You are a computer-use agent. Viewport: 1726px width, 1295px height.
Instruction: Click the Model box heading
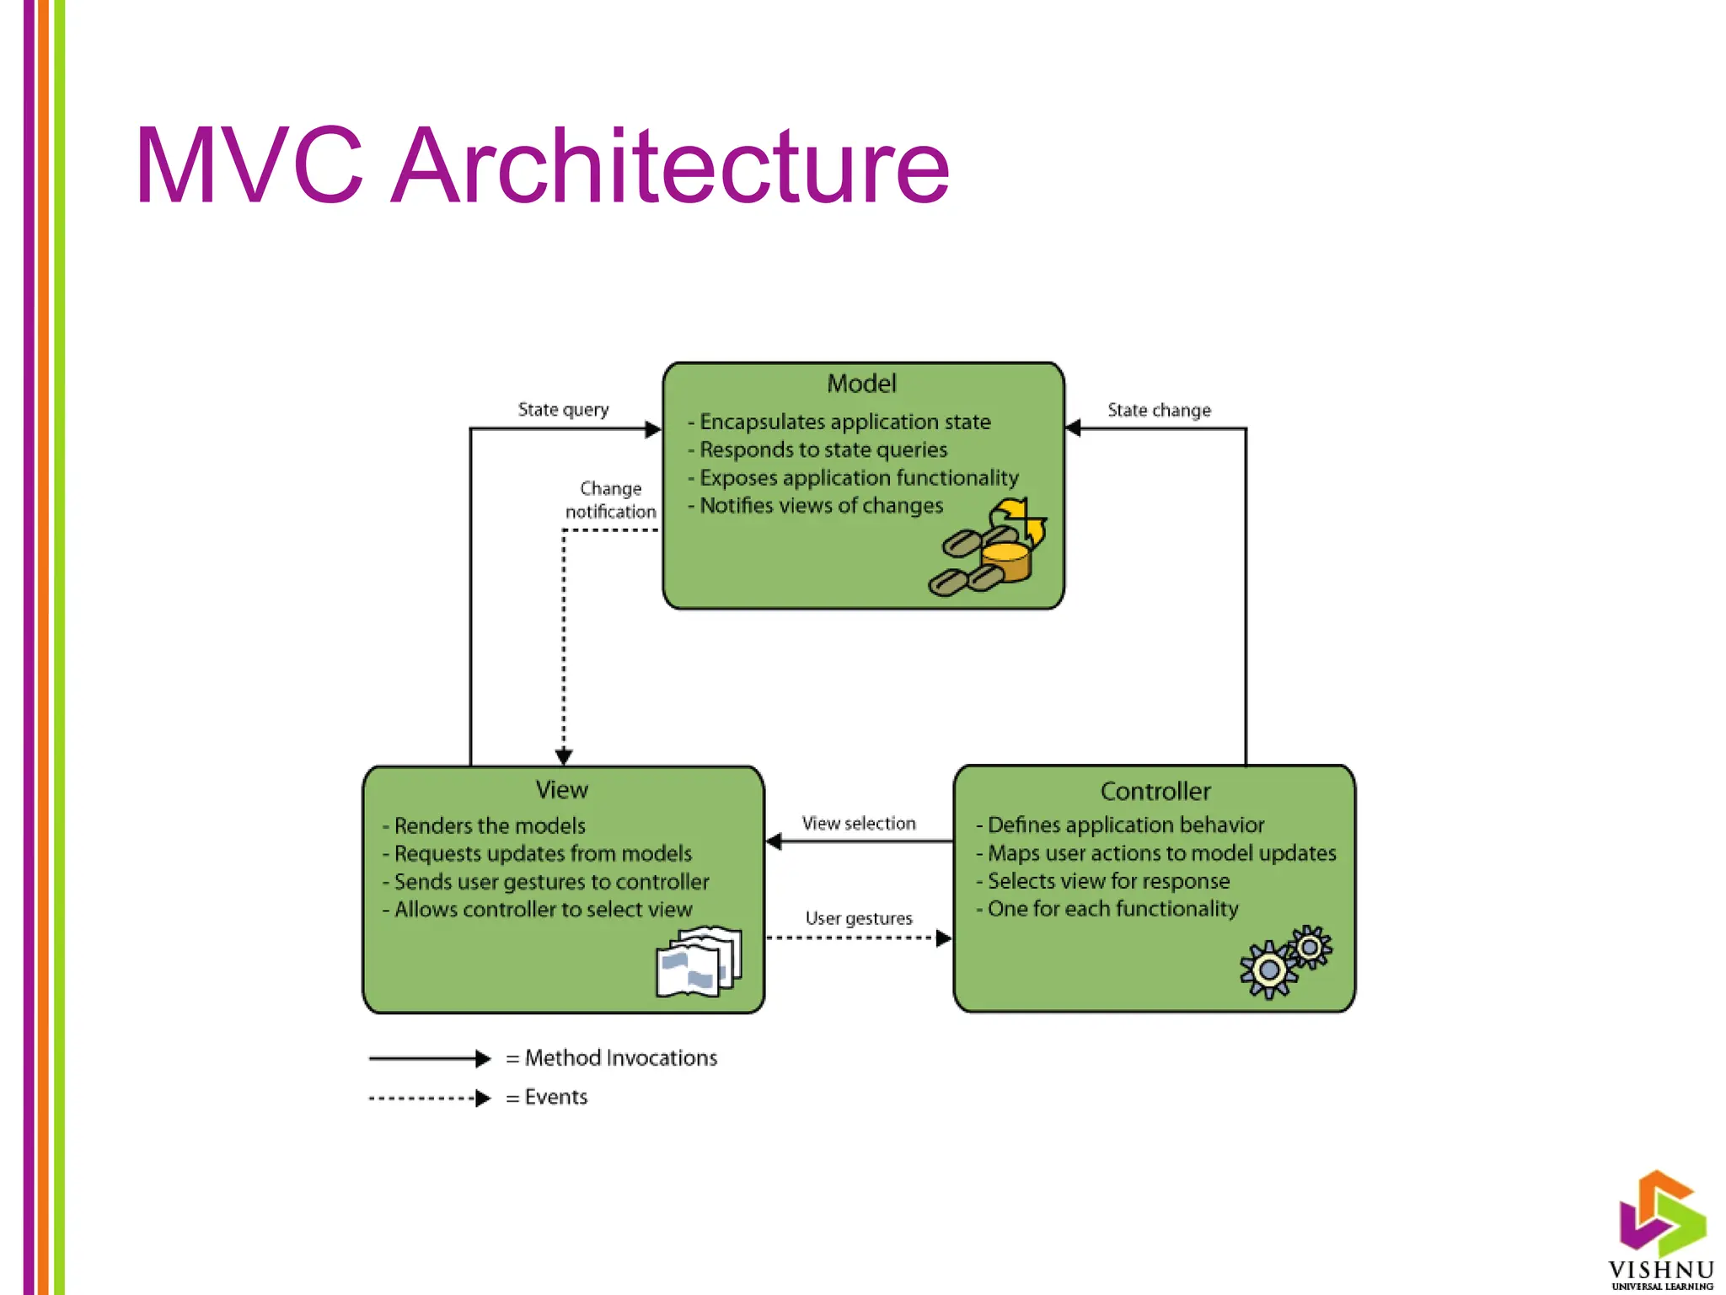[x=861, y=384]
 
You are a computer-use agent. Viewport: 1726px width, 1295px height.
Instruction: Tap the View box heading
[x=561, y=790]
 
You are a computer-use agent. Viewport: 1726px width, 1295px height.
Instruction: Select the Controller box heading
[x=1155, y=792]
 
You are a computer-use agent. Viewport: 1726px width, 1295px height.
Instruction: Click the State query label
[x=563, y=410]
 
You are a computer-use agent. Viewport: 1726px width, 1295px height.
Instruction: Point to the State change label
[x=1159, y=411]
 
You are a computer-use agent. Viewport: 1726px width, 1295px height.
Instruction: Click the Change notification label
[x=610, y=500]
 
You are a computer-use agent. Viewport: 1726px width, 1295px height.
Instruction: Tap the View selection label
[x=858, y=824]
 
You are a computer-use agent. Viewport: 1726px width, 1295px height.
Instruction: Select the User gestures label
[x=858, y=918]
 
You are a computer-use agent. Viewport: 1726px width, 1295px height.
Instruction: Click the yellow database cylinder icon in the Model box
[x=1005, y=562]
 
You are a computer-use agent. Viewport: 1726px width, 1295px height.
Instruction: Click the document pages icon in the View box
[x=698, y=963]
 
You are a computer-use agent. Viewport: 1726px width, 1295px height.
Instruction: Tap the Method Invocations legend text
[x=620, y=1058]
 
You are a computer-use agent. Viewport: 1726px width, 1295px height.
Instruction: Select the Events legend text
[x=555, y=1097]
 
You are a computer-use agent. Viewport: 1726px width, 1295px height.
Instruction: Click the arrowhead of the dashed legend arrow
[x=483, y=1099]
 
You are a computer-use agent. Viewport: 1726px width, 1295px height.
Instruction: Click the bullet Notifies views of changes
[x=821, y=506]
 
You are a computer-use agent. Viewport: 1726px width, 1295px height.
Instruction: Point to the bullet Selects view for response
[x=1107, y=881]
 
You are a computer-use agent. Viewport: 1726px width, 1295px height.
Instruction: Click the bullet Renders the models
[x=489, y=826]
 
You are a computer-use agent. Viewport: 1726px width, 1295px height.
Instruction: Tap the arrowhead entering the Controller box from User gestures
[x=944, y=938]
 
